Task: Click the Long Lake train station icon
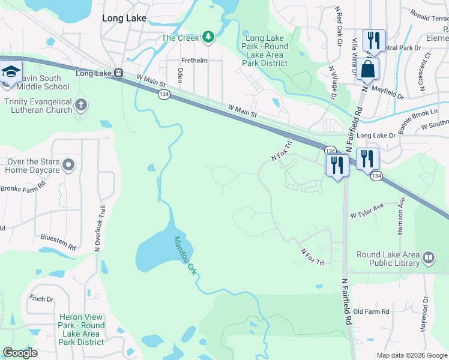click(x=119, y=73)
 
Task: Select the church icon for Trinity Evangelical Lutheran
click(x=81, y=106)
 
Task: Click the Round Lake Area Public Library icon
click(x=429, y=258)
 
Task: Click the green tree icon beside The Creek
click(x=208, y=38)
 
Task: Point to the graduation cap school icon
click(x=11, y=70)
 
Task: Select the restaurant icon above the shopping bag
click(x=373, y=40)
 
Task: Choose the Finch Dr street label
click(x=41, y=299)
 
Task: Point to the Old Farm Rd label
click(x=371, y=312)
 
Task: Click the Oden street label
click(x=179, y=74)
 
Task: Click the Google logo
click(x=20, y=353)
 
